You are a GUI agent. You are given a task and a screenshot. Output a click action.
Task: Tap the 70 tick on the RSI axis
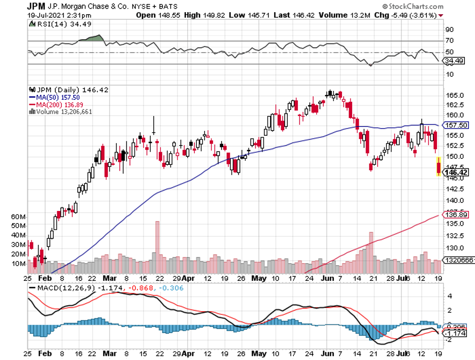point(449,41)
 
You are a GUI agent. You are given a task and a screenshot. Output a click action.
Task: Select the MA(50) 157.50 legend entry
point(54,97)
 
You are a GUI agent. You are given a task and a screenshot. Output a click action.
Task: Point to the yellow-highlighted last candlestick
point(438,167)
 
